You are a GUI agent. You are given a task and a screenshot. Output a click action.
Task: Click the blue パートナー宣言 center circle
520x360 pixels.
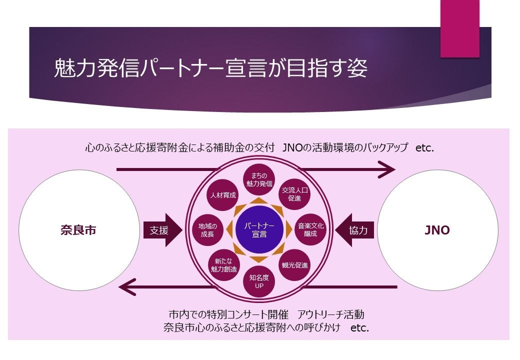tap(259, 229)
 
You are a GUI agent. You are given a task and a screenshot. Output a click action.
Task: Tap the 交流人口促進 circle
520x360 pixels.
tap(294, 194)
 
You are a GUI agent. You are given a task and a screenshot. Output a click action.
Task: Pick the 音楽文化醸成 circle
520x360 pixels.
tap(310, 229)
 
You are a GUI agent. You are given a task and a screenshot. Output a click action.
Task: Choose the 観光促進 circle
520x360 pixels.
tap(294, 265)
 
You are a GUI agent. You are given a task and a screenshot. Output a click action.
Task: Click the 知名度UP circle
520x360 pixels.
tap(259, 281)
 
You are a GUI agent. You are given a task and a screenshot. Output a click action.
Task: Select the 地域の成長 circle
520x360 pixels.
tap(207, 229)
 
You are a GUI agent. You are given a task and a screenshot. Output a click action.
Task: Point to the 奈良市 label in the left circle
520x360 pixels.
tap(78, 230)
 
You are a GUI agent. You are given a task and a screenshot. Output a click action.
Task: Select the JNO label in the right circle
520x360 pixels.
tap(437, 230)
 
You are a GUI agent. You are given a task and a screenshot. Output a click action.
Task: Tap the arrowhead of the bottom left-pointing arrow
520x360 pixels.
tap(128, 287)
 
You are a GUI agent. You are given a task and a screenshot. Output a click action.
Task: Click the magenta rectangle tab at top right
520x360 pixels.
tap(459, 28)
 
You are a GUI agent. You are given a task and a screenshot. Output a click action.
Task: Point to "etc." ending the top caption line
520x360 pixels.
tap(424, 148)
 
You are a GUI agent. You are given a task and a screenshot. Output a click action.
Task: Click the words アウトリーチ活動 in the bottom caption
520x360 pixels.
tap(330, 315)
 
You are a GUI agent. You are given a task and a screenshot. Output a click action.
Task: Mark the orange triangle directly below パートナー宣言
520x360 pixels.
tap(259, 259)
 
